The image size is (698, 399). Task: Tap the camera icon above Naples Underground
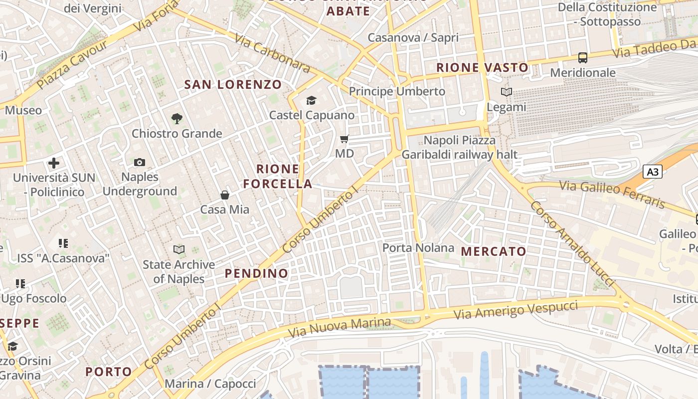[x=140, y=162]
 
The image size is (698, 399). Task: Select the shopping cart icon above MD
[x=345, y=139]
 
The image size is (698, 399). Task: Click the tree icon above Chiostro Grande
[x=176, y=119]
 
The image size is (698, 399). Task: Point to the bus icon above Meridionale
[x=583, y=58]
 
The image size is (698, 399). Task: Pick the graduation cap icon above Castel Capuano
[x=312, y=101]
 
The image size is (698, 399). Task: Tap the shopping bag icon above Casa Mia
[x=225, y=195]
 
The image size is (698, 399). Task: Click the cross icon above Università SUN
[x=54, y=163]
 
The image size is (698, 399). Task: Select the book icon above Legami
[x=507, y=92]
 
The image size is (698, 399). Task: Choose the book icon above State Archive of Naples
[x=179, y=249]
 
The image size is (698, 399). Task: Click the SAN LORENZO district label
[x=233, y=84]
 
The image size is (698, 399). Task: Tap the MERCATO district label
[x=494, y=251]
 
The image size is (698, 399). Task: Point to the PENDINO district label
[x=256, y=273]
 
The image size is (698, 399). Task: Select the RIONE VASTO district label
[x=482, y=67]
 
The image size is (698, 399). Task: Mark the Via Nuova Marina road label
[x=340, y=327]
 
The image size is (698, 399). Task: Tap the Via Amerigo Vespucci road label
[x=516, y=310]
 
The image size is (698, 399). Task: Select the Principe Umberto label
[x=397, y=91]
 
